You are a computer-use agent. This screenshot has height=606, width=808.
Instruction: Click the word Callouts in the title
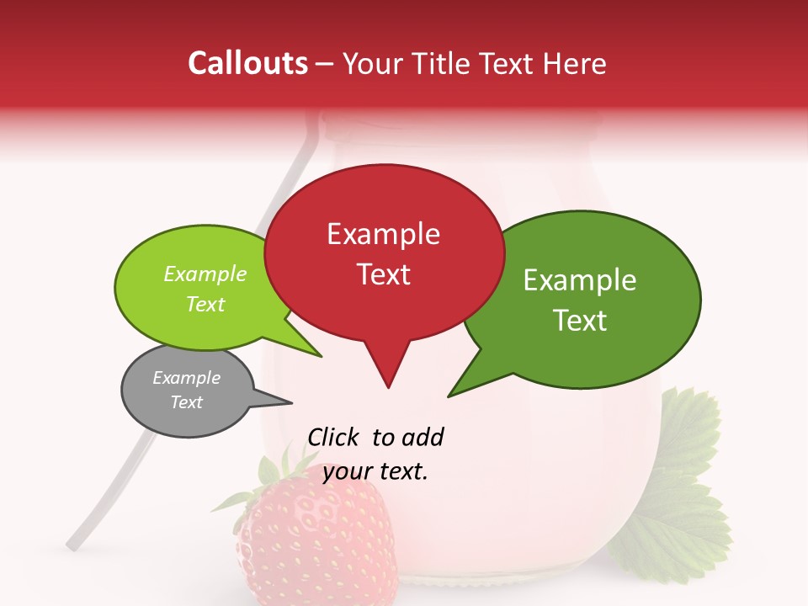[247, 63]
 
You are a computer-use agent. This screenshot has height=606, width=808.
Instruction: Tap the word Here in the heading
[576, 63]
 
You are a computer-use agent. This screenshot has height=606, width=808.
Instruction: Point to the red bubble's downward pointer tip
[388, 386]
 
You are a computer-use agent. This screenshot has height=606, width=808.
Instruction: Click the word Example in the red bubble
[384, 234]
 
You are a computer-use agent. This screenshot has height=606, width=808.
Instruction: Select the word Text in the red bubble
[384, 274]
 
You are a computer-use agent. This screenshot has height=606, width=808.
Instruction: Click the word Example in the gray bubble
[186, 378]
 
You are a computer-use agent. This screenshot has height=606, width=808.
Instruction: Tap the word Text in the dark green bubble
[580, 321]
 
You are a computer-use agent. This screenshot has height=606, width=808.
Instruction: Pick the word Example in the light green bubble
[205, 274]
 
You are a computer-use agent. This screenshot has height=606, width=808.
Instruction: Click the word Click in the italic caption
[334, 438]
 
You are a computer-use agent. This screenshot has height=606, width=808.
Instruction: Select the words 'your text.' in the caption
[375, 471]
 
